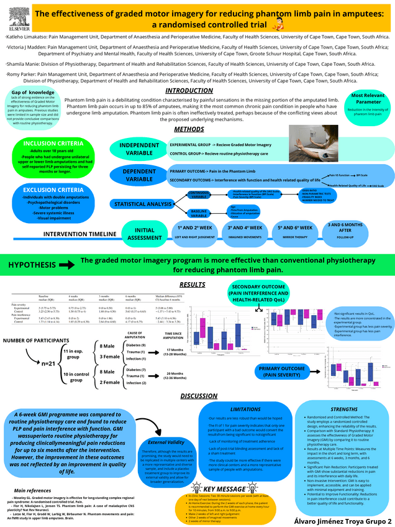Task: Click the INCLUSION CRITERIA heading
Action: click(49, 143)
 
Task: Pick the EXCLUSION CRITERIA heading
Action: click(49, 189)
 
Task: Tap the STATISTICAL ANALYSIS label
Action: click(142, 204)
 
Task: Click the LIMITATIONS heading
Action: click(245, 410)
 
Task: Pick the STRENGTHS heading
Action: click(345, 410)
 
